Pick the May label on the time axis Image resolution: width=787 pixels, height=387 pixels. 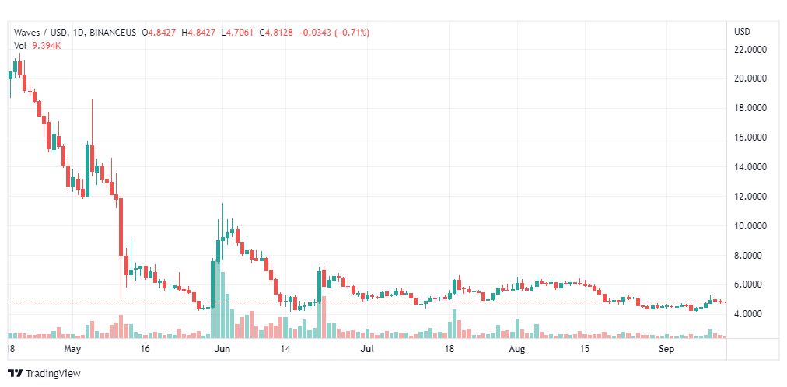point(73,350)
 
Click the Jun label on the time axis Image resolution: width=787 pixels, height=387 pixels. point(222,350)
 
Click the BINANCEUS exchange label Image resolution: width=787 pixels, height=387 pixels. point(114,33)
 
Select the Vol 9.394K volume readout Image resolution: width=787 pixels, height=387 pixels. point(38,46)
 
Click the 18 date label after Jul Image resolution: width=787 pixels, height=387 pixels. point(449,350)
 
